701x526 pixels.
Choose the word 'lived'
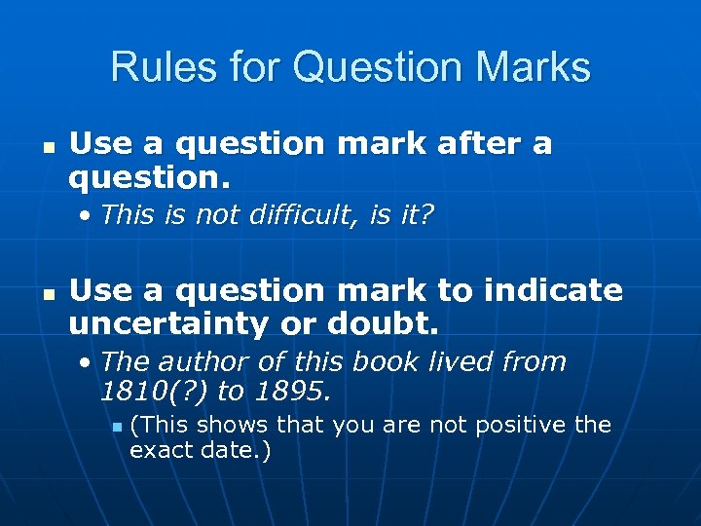(461, 361)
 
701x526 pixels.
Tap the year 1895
(290, 392)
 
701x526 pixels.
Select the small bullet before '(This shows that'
(114, 427)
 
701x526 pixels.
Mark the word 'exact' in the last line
(157, 451)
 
